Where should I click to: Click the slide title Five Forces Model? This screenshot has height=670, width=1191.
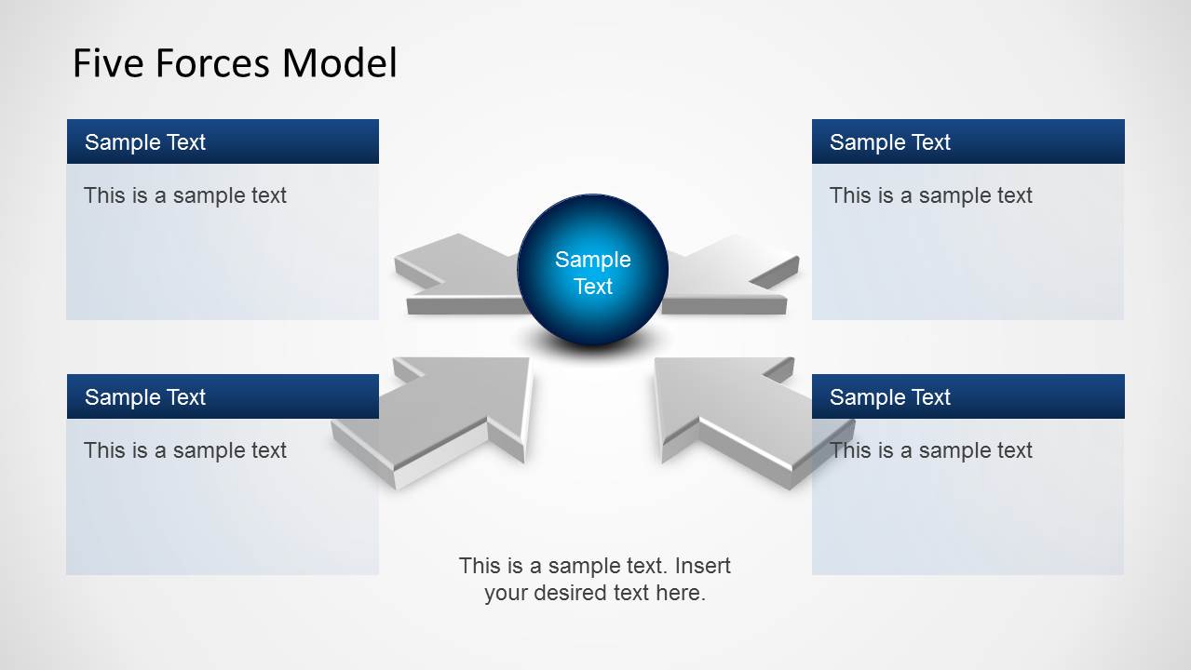click(x=235, y=63)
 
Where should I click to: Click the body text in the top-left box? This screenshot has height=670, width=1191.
click(x=185, y=195)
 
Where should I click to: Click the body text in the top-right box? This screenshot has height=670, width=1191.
click(x=931, y=195)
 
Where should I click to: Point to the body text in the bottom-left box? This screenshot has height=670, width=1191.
click(x=185, y=450)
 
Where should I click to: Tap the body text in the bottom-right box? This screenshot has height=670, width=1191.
click(x=931, y=450)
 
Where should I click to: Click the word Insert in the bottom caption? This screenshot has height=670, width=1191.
click(x=702, y=566)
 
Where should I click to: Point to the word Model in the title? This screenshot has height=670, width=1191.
click(x=340, y=63)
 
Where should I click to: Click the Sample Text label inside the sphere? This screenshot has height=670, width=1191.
click(x=592, y=273)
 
